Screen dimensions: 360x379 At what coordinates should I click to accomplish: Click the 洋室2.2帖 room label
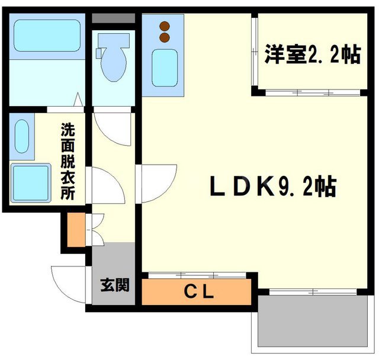[312, 56]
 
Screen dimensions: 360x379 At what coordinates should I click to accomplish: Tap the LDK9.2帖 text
[273, 188]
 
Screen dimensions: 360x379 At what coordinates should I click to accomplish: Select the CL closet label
[197, 291]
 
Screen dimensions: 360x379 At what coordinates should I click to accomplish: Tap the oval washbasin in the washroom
[21, 137]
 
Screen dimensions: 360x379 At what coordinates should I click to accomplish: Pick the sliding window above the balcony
[314, 291]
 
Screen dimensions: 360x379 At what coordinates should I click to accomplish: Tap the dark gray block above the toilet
[114, 17]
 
